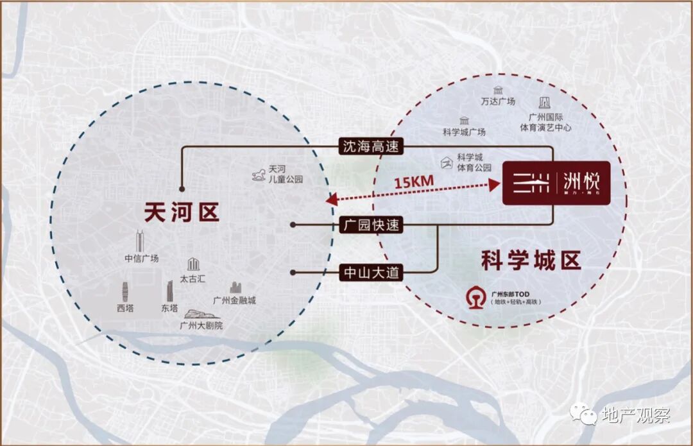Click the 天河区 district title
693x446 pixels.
(x=182, y=212)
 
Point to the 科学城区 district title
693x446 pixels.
(x=531, y=261)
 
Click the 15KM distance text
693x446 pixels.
(x=413, y=182)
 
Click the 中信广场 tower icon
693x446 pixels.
(x=140, y=241)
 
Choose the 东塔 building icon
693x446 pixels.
(x=169, y=291)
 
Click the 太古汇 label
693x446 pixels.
(x=193, y=279)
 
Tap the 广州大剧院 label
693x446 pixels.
(x=201, y=326)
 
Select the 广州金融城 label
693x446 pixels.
(x=234, y=300)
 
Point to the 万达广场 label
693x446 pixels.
(x=498, y=101)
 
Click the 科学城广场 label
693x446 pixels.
(x=464, y=132)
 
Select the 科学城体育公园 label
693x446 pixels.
(x=470, y=162)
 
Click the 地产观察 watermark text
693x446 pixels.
(x=635, y=415)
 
